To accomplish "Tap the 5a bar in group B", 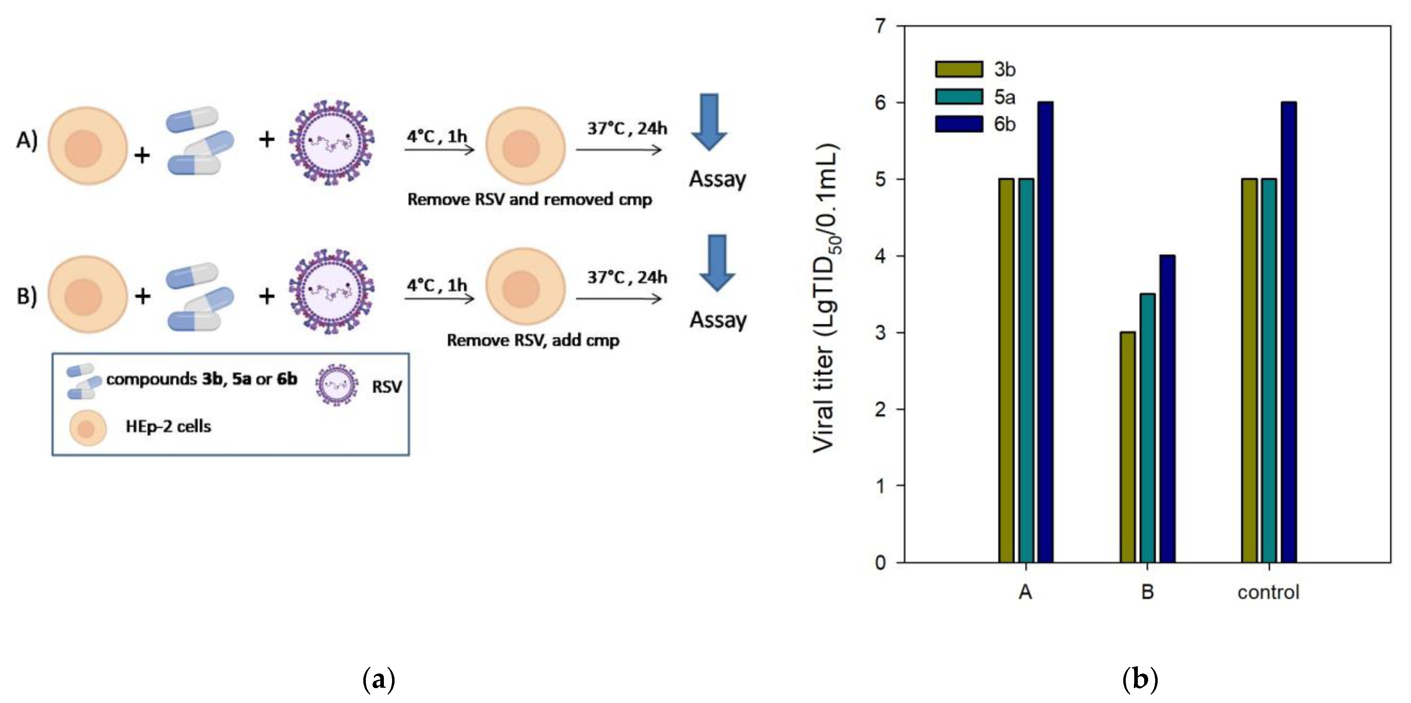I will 1147,427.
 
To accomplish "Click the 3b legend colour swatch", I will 959,69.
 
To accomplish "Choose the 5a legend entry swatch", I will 959,97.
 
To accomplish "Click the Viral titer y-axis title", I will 826,299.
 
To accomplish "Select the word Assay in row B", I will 717,319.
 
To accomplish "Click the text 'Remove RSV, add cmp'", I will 533,340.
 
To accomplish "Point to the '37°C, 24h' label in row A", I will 627,128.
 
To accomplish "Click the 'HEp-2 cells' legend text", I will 168,426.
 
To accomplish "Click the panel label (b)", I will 1140,680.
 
